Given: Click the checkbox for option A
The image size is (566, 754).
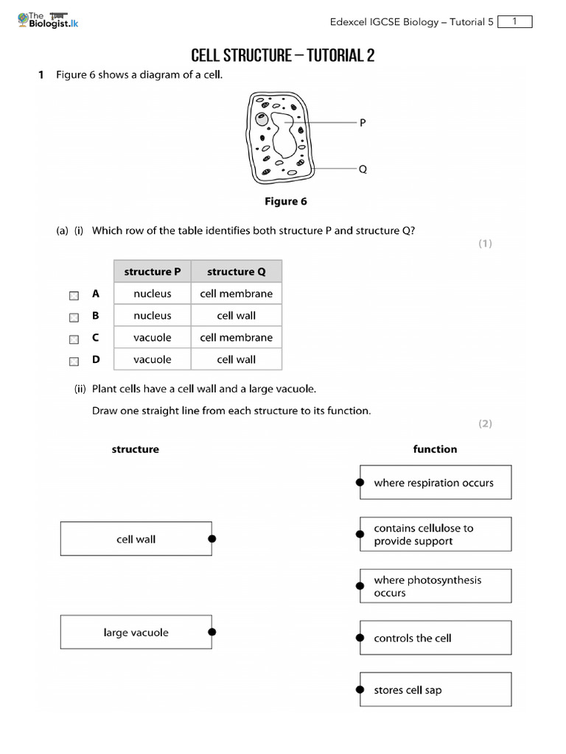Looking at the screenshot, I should pos(74,295).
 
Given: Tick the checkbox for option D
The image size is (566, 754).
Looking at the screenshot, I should pos(74,362).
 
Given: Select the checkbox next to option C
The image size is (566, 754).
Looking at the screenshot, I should pos(74,339).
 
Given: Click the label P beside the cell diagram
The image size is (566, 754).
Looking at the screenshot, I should pos(363,123).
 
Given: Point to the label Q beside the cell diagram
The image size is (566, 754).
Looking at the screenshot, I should pos(363,169).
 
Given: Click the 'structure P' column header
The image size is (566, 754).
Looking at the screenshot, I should pos(153,272).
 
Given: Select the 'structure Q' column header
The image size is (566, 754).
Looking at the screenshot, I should pos(236,272).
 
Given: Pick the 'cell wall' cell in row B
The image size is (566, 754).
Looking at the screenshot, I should pos(236,316).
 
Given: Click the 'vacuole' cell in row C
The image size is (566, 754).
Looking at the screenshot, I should pos(153,338).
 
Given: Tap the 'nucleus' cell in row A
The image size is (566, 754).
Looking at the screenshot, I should pos(153,294).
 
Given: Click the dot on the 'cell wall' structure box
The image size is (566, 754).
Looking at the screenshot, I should pos(212,539).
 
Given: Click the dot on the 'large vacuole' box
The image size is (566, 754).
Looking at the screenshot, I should pos(212,632).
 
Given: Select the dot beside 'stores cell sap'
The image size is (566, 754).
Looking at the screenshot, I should pos(360,690).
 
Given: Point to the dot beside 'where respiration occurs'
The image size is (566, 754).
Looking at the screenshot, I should pos(360,482).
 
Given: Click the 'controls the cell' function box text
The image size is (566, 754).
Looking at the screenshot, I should pos(413,638).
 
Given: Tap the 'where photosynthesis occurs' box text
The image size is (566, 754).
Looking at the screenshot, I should pos(427,586).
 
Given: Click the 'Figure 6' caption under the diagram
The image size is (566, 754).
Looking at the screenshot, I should pos(286,202).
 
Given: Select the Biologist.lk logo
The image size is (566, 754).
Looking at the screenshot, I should pos(47,20).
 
